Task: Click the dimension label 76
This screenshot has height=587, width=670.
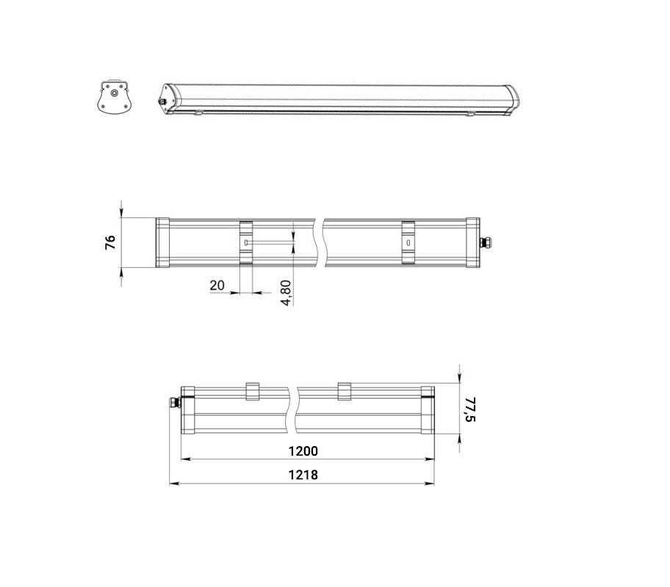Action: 110,242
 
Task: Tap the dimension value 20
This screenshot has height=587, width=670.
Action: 217,285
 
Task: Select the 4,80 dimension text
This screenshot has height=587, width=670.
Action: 287,293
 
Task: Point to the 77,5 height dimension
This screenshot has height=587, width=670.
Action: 470,409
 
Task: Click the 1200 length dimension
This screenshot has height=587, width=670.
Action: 303,451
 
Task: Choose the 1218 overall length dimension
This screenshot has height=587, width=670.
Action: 303,475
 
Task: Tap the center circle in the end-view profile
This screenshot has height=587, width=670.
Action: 114,92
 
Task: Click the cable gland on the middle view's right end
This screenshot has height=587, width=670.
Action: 485,242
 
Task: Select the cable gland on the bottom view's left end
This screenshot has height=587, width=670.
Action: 175,402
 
